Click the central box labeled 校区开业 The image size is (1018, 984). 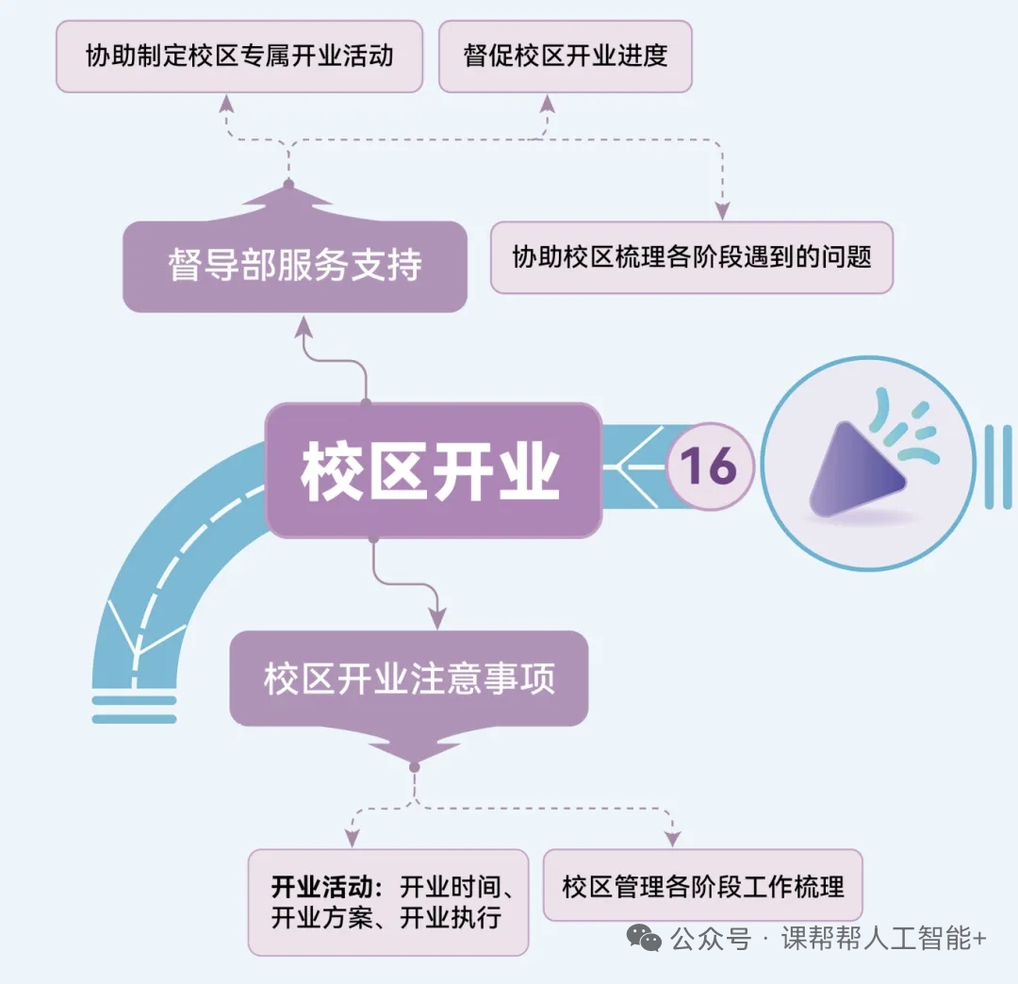click(x=433, y=469)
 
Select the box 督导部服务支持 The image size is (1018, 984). click(x=295, y=265)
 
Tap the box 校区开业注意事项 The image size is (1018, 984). click(x=409, y=679)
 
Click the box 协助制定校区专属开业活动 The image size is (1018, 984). click(x=239, y=56)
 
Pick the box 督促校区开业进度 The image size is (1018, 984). click(x=566, y=56)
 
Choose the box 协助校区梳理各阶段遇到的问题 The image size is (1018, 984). click(x=691, y=256)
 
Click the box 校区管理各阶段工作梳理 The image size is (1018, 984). click(x=702, y=886)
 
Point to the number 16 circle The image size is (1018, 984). click(x=709, y=466)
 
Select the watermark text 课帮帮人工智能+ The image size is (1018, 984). click(x=883, y=940)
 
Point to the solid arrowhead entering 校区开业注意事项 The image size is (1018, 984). click(x=437, y=617)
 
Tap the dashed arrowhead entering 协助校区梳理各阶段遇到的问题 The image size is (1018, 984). click(x=722, y=210)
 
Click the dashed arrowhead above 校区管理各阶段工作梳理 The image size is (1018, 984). click(x=672, y=838)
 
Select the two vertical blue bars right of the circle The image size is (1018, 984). click(x=997, y=467)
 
